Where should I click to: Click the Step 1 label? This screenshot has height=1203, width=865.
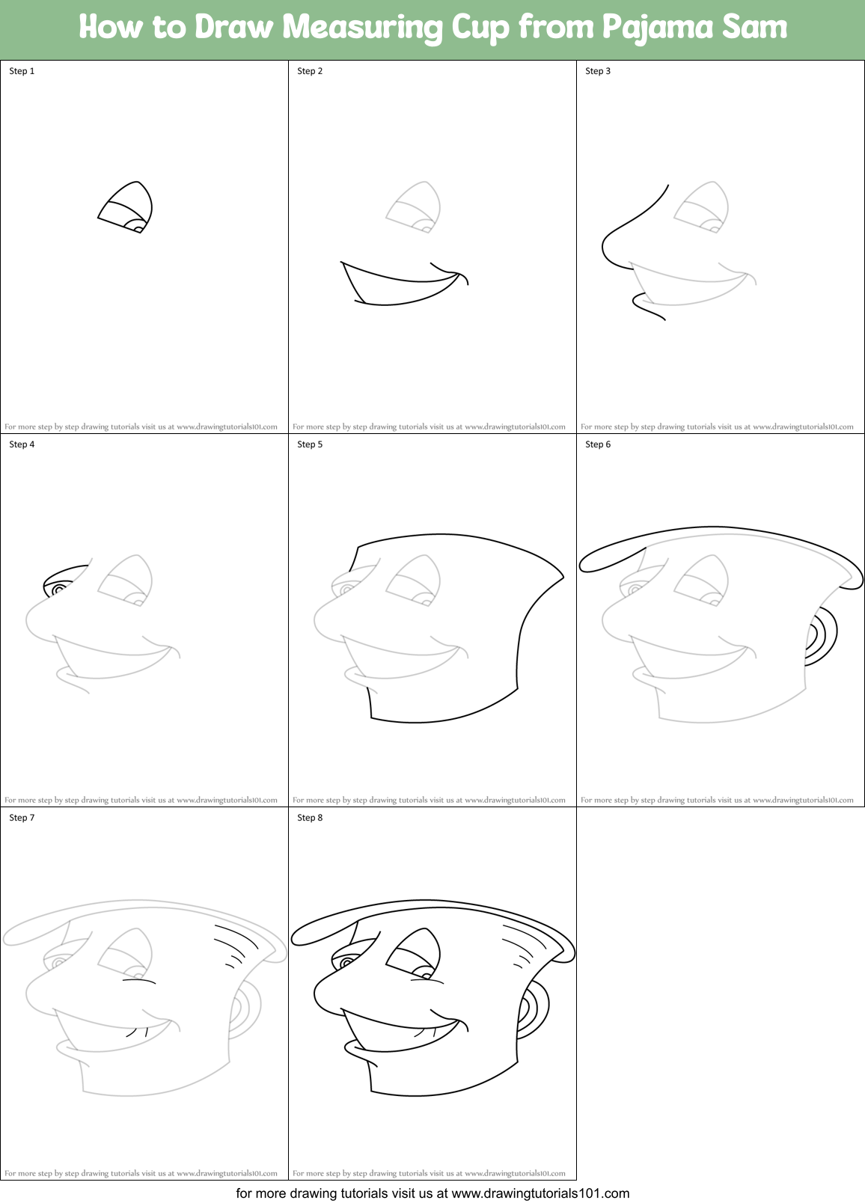coord(22,71)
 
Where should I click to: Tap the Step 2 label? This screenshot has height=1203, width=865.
coord(310,71)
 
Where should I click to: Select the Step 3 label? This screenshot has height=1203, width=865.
coord(598,71)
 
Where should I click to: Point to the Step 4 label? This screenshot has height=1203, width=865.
coord(22,444)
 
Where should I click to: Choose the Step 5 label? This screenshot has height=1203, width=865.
coord(310,444)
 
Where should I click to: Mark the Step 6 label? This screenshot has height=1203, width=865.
coord(598,444)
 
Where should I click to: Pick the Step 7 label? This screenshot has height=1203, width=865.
coord(22,818)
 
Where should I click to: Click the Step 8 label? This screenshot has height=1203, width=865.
coord(310,818)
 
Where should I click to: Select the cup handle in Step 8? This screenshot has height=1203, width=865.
coord(536,1010)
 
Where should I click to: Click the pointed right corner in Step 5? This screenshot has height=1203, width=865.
coord(562,576)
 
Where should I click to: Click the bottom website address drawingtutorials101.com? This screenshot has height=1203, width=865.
coord(540,1193)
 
